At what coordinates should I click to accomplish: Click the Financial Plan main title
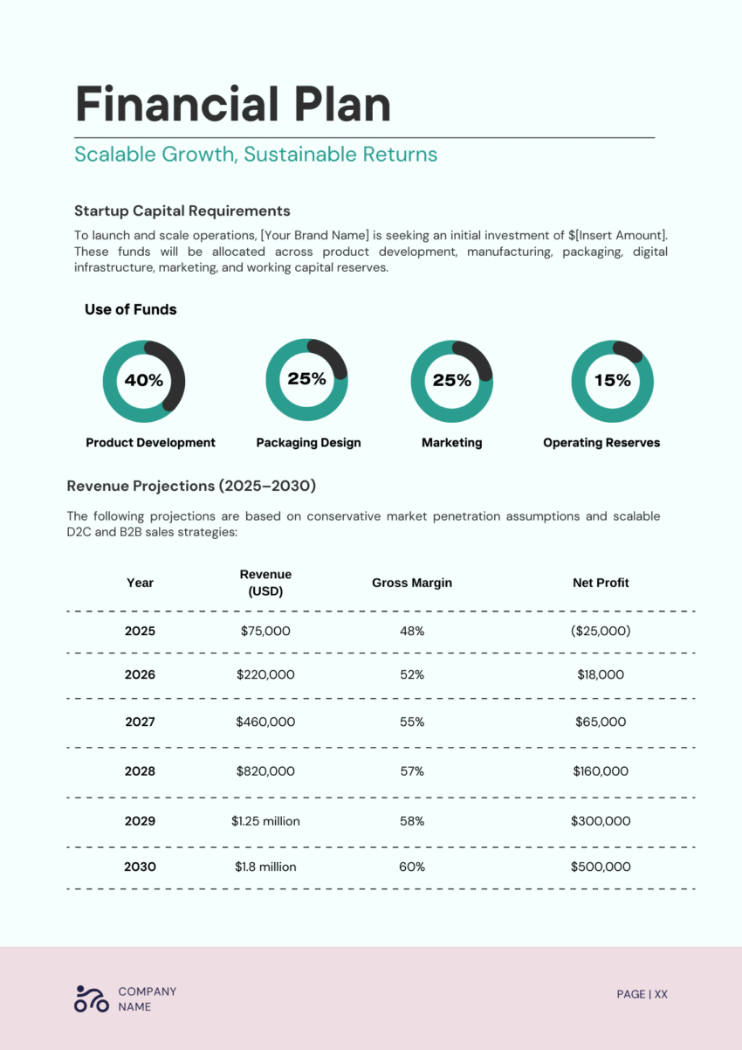(x=233, y=105)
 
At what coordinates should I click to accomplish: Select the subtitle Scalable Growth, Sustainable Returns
(x=256, y=155)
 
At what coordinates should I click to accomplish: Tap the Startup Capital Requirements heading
(x=182, y=211)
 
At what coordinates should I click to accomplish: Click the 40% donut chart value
(x=143, y=381)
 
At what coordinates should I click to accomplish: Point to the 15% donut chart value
(x=612, y=381)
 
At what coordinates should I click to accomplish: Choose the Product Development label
(x=150, y=443)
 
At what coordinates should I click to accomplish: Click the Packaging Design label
(x=308, y=443)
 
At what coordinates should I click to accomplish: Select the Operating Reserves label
(x=601, y=443)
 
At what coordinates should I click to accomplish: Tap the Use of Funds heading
(x=130, y=309)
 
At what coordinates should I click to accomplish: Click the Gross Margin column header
(x=412, y=583)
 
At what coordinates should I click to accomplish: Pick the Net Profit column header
(x=601, y=583)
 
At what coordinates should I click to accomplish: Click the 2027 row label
(x=140, y=722)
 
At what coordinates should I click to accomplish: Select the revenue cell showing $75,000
(x=265, y=631)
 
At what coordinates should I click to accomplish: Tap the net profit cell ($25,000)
(x=601, y=631)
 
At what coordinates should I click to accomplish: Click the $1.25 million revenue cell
(x=265, y=821)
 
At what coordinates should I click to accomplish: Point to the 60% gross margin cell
(x=412, y=867)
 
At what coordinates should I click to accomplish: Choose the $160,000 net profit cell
(x=601, y=771)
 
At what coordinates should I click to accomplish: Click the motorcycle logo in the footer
(x=92, y=998)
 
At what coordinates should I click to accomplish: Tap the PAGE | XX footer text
(x=642, y=994)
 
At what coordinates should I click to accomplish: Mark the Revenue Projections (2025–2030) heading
(x=191, y=486)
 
